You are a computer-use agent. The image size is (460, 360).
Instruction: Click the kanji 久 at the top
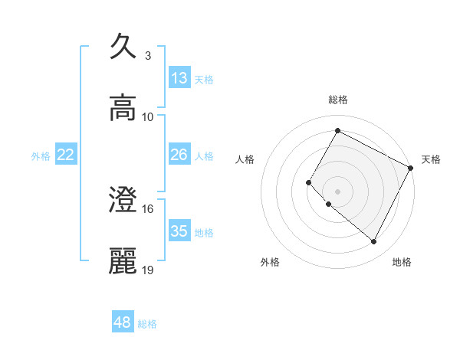click(x=123, y=46)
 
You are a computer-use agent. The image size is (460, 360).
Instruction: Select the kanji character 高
click(x=123, y=108)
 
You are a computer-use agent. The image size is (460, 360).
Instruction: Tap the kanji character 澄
click(x=123, y=200)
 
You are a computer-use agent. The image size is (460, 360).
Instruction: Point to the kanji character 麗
click(x=123, y=261)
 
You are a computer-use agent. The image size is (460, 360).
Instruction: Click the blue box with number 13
click(x=179, y=77)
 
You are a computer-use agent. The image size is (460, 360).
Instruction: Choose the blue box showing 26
click(x=179, y=155)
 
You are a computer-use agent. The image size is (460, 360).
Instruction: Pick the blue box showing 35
click(x=179, y=231)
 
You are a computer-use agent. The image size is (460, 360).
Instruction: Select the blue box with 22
click(x=66, y=155)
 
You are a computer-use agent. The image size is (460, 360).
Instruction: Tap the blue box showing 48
click(x=123, y=322)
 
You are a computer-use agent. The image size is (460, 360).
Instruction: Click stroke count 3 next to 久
click(x=148, y=55)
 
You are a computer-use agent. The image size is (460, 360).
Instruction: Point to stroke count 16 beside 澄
click(x=148, y=208)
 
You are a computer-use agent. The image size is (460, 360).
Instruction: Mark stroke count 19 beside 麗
click(x=148, y=270)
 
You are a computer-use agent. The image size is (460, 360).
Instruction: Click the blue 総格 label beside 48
click(x=147, y=324)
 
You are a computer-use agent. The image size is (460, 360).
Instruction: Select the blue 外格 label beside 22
click(x=41, y=156)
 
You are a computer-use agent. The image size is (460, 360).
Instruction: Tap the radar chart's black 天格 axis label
click(x=431, y=159)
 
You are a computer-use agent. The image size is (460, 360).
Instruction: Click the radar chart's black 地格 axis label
click(x=402, y=262)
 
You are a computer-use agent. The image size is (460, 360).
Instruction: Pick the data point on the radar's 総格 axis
click(x=337, y=130)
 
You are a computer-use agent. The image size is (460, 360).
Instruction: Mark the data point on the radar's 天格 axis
click(x=411, y=167)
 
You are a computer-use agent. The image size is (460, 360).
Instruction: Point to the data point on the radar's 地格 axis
click(x=374, y=242)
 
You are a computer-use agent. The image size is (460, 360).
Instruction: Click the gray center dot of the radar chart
click(x=337, y=191)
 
